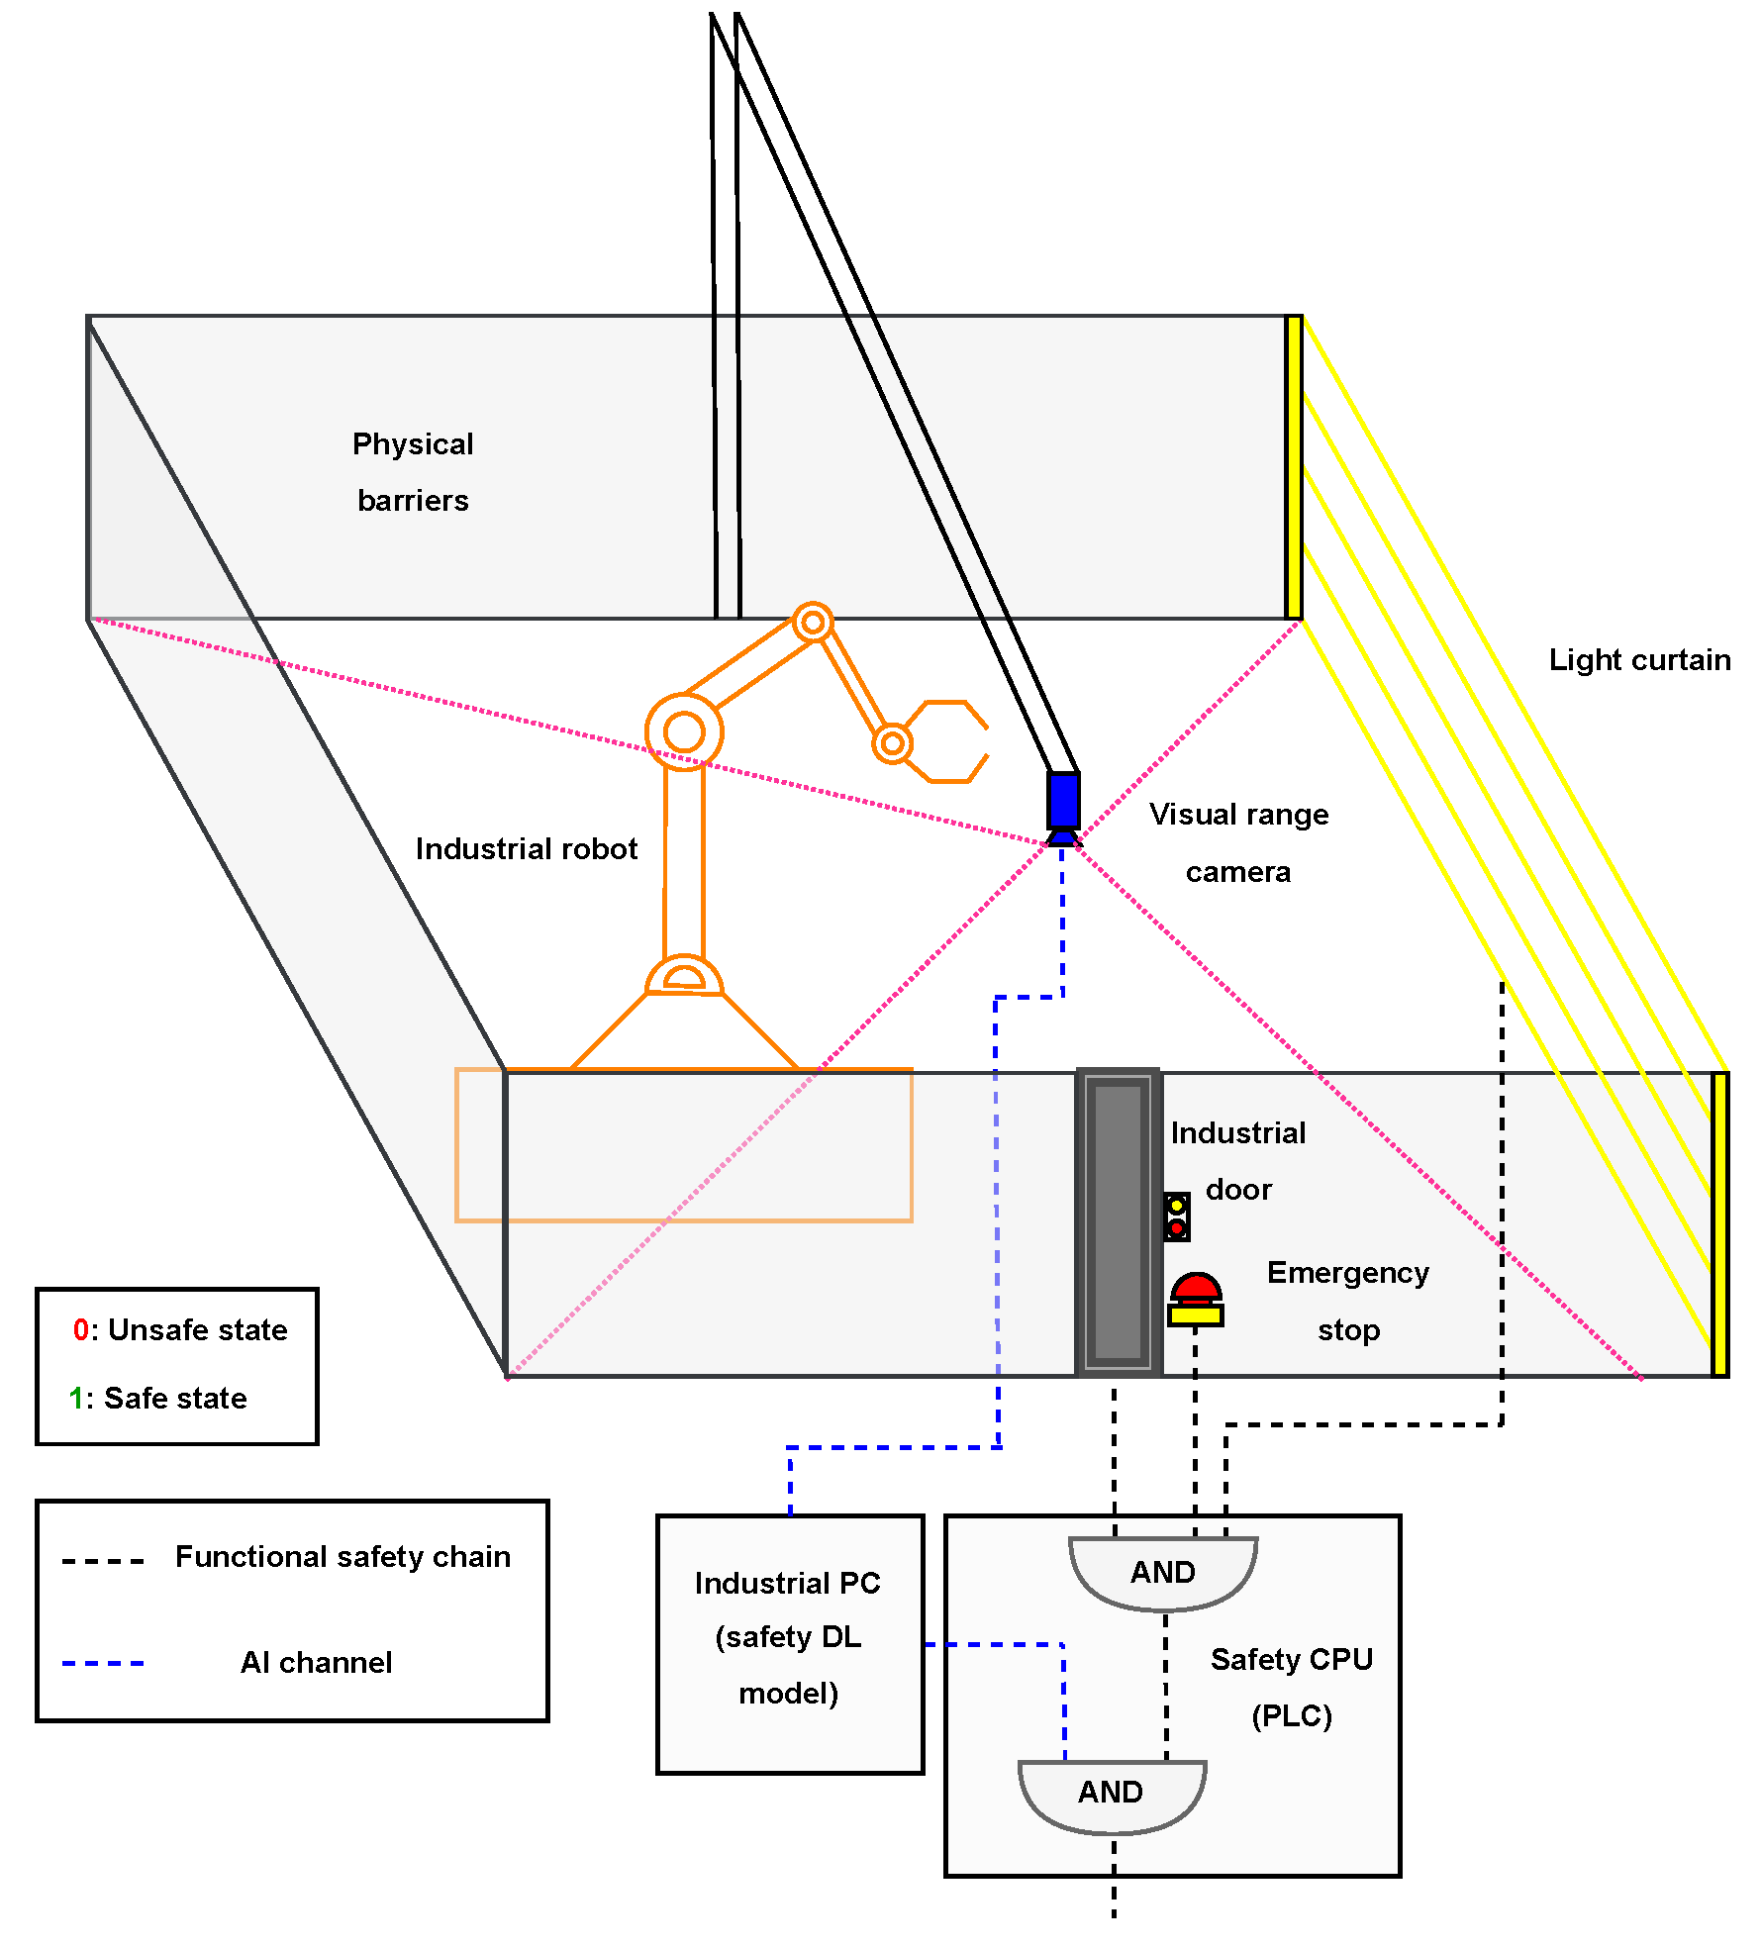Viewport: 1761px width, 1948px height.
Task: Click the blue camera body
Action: click(1063, 800)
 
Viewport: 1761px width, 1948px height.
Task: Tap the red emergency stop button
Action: click(1196, 1289)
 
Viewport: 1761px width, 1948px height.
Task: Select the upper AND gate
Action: click(1163, 1572)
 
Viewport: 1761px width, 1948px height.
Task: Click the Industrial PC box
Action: click(789, 1643)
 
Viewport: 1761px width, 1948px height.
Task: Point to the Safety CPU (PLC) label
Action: click(1291, 1687)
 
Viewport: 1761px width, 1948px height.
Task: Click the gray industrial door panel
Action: click(1118, 1222)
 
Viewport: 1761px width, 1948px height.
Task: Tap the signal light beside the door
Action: click(1176, 1217)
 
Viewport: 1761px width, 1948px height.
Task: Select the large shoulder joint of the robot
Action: click(684, 732)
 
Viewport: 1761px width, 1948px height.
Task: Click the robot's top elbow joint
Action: click(813, 623)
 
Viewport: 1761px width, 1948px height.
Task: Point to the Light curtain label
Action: click(1639, 660)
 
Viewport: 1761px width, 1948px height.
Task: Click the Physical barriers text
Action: click(413, 472)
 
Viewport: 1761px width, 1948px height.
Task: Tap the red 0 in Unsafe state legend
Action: click(81, 1329)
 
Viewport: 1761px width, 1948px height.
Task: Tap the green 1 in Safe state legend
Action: click(76, 1398)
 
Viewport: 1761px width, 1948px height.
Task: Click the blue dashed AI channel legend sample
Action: click(103, 1663)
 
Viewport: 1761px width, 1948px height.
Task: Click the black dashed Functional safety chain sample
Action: click(103, 1561)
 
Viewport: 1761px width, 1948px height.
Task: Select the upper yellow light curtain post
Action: click(1293, 467)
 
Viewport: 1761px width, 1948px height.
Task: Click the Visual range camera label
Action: click(1238, 842)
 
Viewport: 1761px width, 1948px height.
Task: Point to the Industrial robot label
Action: click(526, 849)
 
